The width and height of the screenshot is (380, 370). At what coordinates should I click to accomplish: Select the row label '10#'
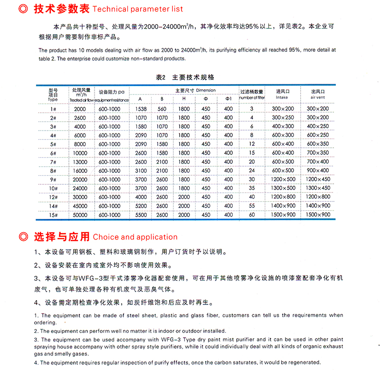[53, 188]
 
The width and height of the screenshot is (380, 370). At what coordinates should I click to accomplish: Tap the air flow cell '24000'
[80, 188]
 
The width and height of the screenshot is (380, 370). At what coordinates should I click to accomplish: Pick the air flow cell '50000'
[80, 215]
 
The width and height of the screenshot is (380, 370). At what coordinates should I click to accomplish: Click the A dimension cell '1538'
[140, 109]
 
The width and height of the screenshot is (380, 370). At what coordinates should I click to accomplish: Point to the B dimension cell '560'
[162, 109]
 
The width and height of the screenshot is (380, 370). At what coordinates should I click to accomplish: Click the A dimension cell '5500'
[140, 215]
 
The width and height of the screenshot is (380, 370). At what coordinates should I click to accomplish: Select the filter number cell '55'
[252, 206]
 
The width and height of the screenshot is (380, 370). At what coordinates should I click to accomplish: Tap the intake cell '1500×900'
[283, 215]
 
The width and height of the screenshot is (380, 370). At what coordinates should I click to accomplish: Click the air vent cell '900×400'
[318, 171]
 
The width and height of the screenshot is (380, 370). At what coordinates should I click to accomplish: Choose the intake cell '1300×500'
[283, 188]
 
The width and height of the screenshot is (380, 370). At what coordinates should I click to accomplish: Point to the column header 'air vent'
[318, 97]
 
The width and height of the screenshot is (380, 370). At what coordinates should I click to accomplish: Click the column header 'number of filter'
[252, 98]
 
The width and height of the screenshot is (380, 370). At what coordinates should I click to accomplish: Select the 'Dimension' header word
[205, 90]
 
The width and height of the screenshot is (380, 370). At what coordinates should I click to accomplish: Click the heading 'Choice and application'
[135, 237]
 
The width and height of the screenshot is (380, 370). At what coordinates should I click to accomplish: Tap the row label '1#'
[53, 109]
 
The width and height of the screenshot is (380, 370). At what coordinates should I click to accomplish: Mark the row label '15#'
[53, 215]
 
